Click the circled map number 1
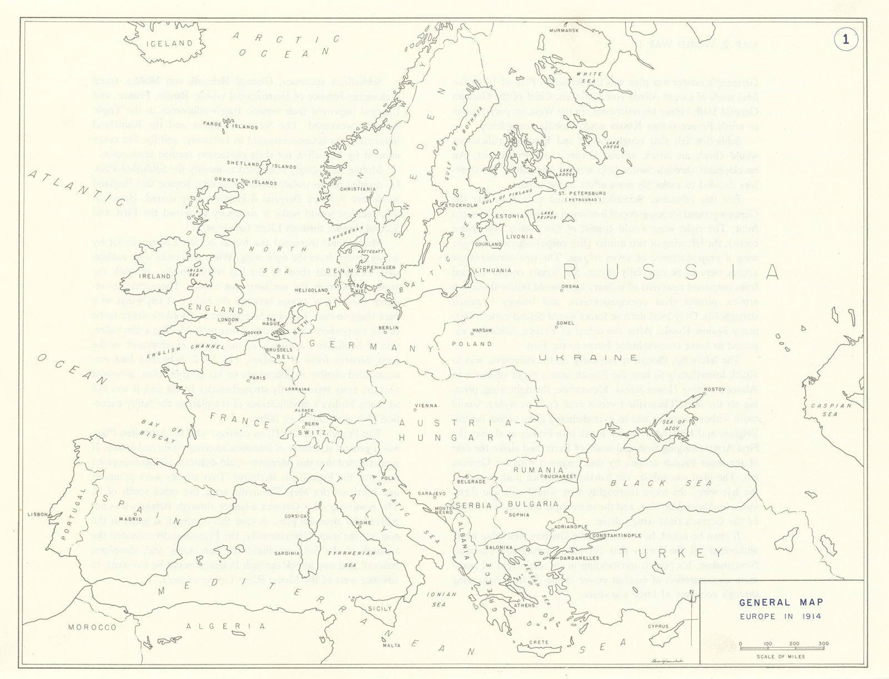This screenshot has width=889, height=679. (x=846, y=39)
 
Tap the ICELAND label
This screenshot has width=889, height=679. (x=169, y=43)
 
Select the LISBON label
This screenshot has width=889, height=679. (x=38, y=515)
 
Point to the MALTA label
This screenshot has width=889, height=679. (x=392, y=645)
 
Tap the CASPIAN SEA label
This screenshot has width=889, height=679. (x=831, y=410)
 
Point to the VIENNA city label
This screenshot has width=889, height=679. (x=427, y=406)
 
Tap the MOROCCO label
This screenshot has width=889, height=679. (x=92, y=627)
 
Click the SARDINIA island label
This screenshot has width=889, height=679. (x=287, y=553)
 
